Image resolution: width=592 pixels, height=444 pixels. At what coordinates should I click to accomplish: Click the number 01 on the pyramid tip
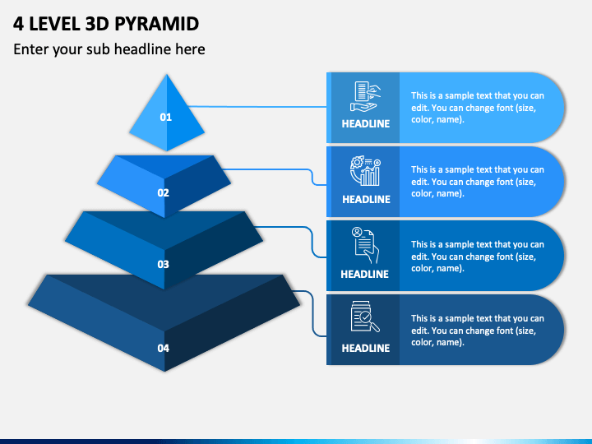166,117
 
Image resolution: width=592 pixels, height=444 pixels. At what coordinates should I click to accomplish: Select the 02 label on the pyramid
163,192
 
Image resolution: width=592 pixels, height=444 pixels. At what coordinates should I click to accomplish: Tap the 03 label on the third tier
163,264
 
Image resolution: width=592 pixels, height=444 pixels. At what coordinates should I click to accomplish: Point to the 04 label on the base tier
163,348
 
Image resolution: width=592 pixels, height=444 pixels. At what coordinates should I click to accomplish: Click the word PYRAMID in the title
156,24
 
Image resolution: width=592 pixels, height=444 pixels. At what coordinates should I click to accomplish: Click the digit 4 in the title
18,24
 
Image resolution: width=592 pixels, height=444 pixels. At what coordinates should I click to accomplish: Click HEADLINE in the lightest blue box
365,124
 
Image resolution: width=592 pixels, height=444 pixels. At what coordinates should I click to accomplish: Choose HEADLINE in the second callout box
366,199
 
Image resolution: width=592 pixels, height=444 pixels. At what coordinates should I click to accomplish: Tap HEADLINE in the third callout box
365,274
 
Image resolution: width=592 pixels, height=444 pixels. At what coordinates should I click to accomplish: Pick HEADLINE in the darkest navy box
365,348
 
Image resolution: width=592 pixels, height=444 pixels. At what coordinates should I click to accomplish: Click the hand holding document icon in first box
365,96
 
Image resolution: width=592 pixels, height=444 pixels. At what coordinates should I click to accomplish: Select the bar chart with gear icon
365,171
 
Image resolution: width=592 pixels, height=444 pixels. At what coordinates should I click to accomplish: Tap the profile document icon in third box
365,245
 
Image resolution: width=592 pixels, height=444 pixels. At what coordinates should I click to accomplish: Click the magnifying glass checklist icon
365,317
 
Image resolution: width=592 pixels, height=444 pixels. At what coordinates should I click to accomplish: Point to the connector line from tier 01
257,107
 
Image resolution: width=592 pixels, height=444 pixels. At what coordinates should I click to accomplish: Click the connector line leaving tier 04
312,313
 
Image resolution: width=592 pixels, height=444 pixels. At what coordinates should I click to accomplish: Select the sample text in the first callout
478,108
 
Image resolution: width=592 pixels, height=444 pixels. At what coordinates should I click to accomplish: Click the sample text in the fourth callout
478,331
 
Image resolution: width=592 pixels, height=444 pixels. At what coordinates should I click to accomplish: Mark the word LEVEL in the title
54,24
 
